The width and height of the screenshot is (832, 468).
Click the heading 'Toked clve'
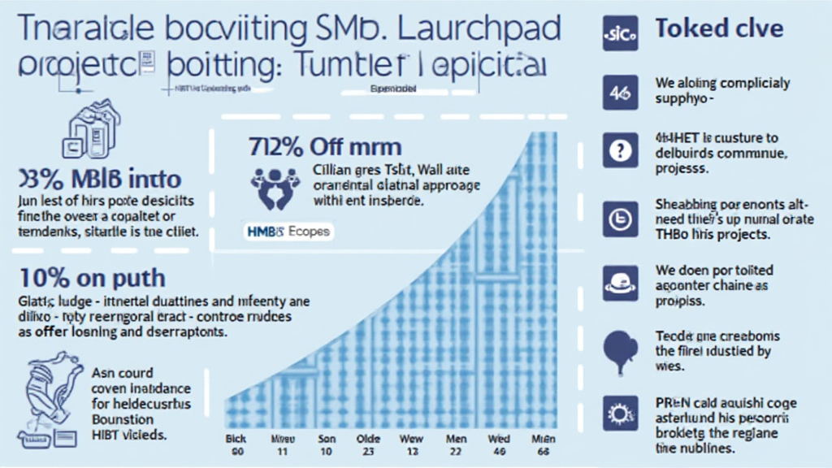(719, 29)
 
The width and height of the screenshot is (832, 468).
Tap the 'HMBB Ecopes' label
(288, 232)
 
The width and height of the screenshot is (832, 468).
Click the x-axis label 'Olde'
(368, 439)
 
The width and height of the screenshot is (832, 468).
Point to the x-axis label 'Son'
(324, 439)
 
